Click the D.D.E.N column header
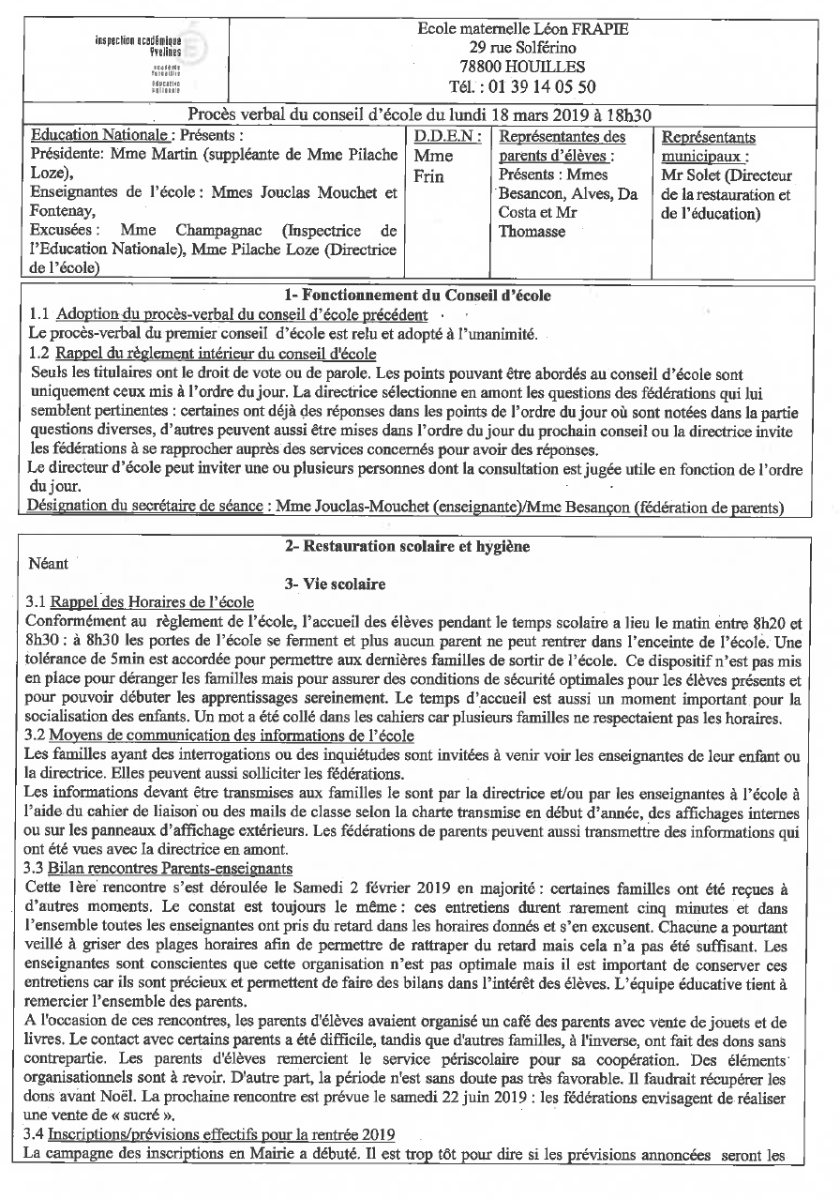tap(448, 136)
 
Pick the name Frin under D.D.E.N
tap(428, 175)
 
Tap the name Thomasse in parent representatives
tap(532, 232)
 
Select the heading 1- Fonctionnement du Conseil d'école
tap(419, 296)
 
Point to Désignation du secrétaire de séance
tap(145, 507)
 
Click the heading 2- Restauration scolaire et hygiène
tap(408, 546)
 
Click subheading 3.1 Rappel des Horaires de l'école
tap(153, 602)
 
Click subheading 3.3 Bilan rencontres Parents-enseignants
tap(160, 868)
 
